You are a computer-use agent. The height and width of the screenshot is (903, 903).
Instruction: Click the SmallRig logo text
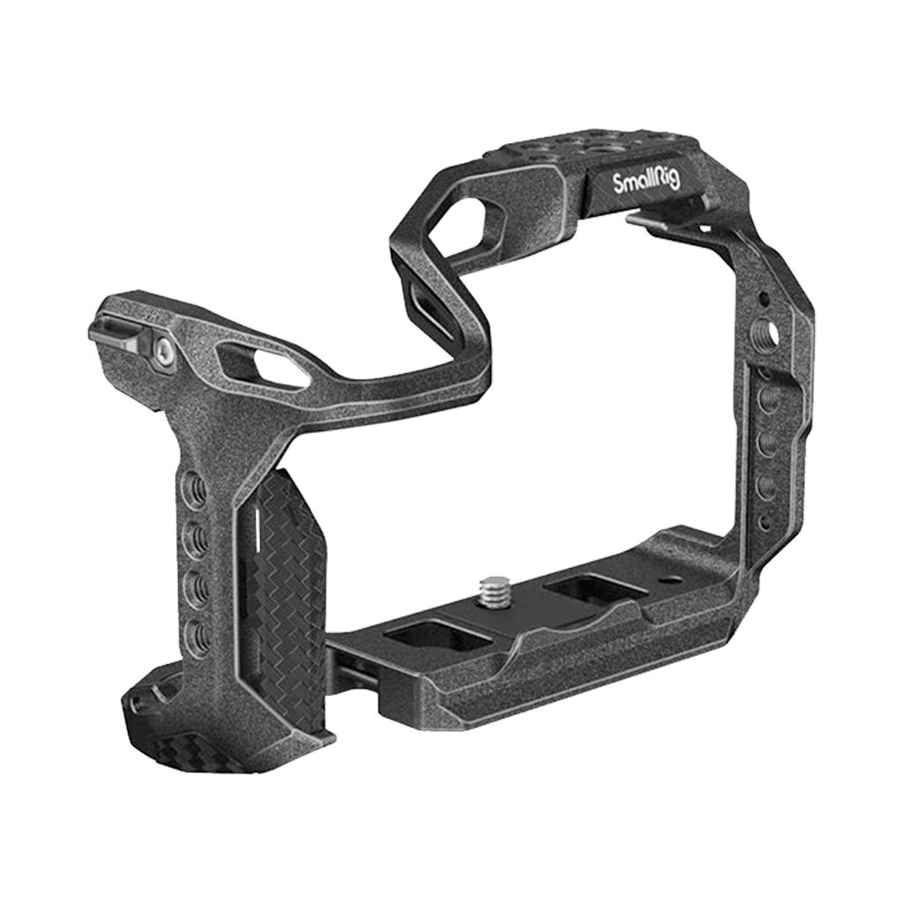coord(646,183)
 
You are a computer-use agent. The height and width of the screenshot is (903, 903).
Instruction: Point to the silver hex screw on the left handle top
coord(164,352)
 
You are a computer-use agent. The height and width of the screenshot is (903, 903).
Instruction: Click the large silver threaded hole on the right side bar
coord(768,334)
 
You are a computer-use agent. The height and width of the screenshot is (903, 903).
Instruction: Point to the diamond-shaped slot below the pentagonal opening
coord(426,299)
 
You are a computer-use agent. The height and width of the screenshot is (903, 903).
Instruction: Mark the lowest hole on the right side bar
coord(765,522)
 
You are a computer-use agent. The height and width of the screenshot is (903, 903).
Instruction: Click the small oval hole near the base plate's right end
coord(673,580)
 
